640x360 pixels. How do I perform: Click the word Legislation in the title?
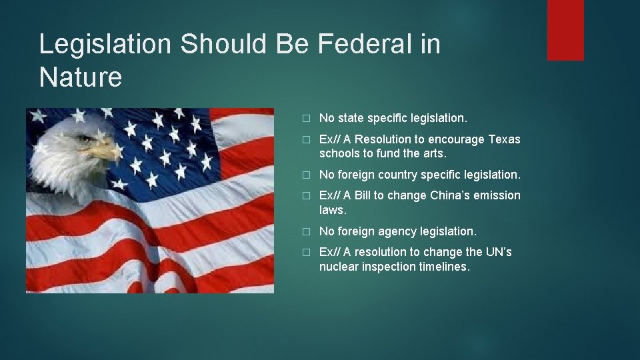(105, 45)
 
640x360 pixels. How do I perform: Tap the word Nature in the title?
(81, 77)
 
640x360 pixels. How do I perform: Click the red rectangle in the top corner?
(565, 30)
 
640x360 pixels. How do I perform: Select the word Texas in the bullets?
(505, 139)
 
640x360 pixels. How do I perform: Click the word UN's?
(499, 252)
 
